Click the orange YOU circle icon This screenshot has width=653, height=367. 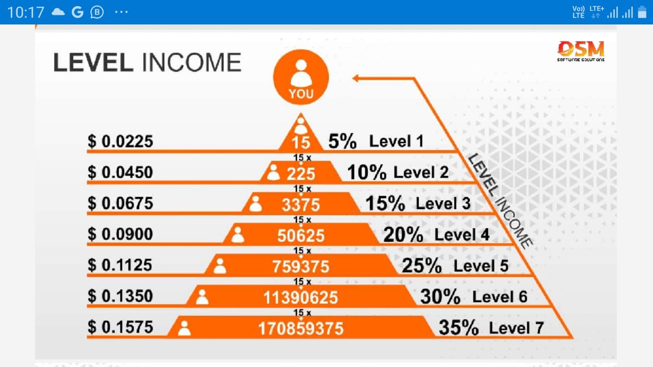(x=301, y=77)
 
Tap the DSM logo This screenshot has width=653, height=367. (x=581, y=51)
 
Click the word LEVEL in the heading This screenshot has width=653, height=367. (x=93, y=62)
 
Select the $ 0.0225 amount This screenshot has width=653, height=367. (x=120, y=141)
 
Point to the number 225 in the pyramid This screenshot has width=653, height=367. (x=301, y=174)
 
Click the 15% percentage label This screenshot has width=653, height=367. (x=385, y=203)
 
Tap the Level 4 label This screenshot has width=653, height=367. (x=462, y=234)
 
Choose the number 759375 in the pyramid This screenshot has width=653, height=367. (x=301, y=267)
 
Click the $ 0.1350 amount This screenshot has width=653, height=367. (x=120, y=296)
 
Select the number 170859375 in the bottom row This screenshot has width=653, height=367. (x=301, y=329)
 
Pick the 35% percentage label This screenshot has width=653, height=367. (x=459, y=328)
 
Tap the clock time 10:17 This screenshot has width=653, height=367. (x=26, y=13)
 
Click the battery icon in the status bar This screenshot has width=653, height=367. (x=642, y=12)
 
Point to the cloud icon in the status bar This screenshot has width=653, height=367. (x=58, y=12)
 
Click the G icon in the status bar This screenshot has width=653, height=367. (x=78, y=12)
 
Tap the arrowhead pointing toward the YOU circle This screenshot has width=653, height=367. (x=356, y=78)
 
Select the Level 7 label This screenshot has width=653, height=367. (x=516, y=328)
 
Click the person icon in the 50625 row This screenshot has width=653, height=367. (x=238, y=235)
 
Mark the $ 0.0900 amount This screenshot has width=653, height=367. (x=120, y=234)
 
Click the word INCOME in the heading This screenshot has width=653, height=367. (x=191, y=62)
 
